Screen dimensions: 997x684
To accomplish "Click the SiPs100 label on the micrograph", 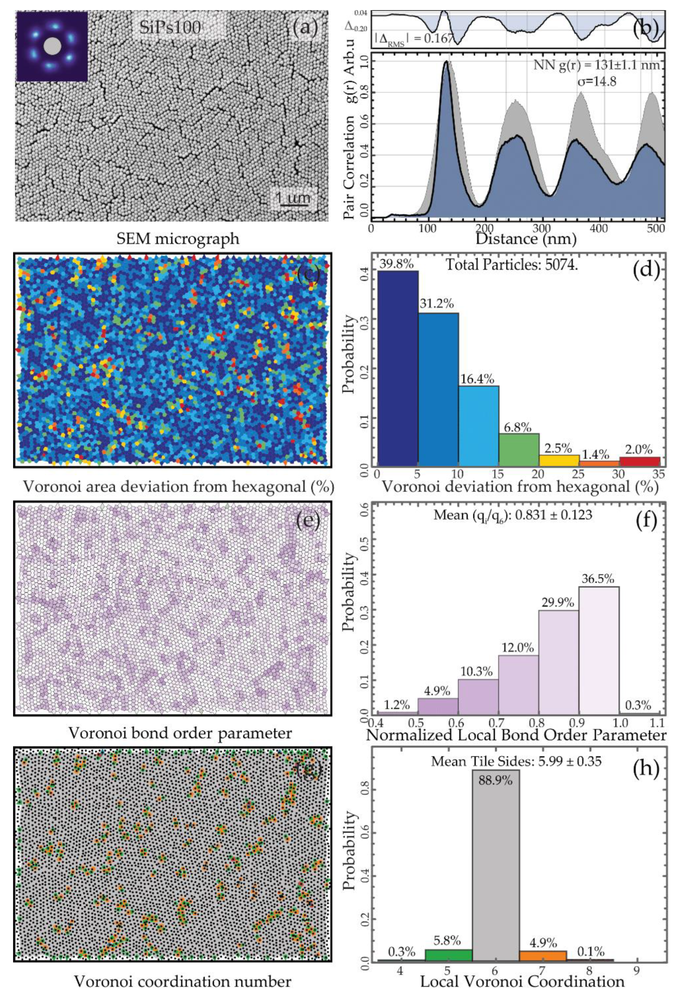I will (170, 28).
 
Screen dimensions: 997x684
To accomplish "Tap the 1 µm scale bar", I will (293, 199).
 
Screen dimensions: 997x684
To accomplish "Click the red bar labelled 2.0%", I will (639, 461).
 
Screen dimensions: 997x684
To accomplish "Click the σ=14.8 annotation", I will (596, 81).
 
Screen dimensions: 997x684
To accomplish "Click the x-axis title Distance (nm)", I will (526, 239).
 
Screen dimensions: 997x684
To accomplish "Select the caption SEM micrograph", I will (178, 239).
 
